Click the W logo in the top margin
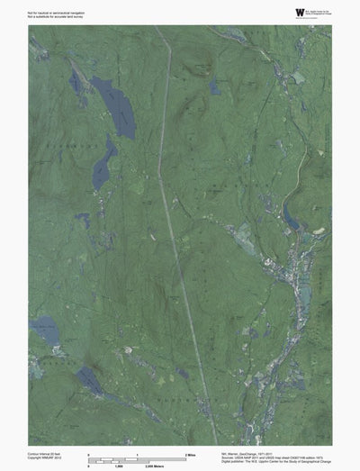[x=274, y=11]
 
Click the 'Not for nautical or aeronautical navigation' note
[x=51, y=8]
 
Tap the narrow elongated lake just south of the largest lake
[x=103, y=161]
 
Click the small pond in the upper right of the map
[x=214, y=87]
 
